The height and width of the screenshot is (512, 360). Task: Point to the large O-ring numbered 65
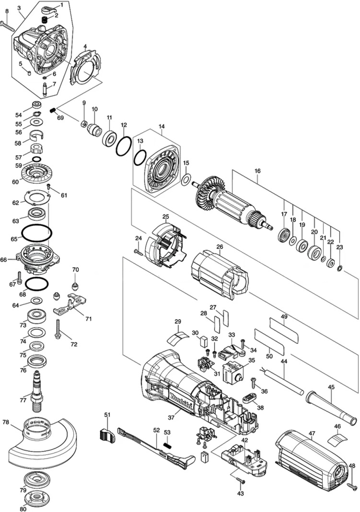coord(37,233)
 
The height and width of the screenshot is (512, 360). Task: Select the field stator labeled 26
coord(220,272)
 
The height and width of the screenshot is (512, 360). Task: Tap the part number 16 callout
coord(257,171)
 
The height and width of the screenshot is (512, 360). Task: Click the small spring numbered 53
coord(168,445)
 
